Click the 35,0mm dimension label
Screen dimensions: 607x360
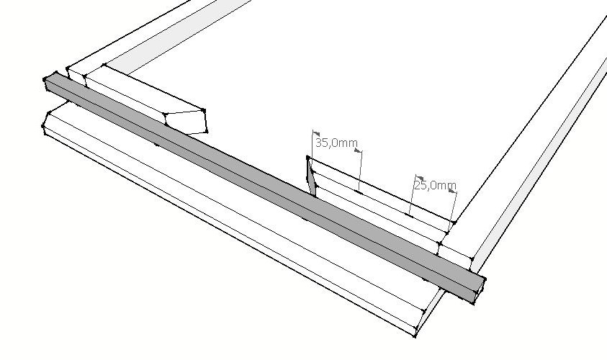[336, 143]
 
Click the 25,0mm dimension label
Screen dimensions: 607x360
[434, 185]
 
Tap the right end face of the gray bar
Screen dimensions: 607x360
[476, 289]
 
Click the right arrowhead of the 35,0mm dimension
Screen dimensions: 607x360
[359, 151]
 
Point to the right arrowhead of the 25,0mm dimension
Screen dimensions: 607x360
[452, 192]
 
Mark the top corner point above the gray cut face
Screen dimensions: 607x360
[308, 158]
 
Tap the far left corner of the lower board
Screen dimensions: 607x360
[43, 127]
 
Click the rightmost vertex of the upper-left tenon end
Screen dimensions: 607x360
[207, 132]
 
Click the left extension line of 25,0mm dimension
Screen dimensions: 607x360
[413, 194]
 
